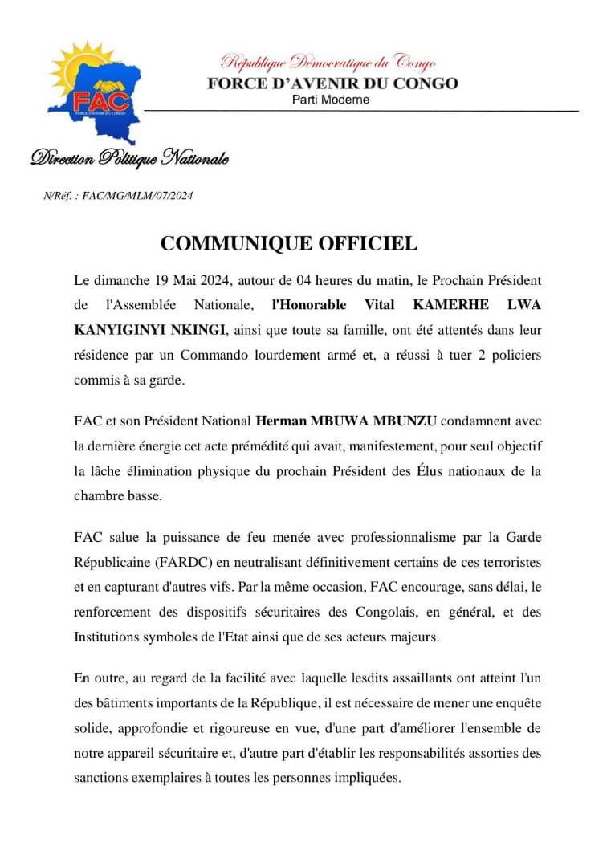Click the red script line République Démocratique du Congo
click(328, 62)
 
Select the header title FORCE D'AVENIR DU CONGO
click(332, 83)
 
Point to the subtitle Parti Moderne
click(331, 100)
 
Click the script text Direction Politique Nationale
click(129, 158)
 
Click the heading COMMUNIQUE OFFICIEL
click(289, 243)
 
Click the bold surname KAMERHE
click(443, 305)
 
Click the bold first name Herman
click(279, 420)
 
